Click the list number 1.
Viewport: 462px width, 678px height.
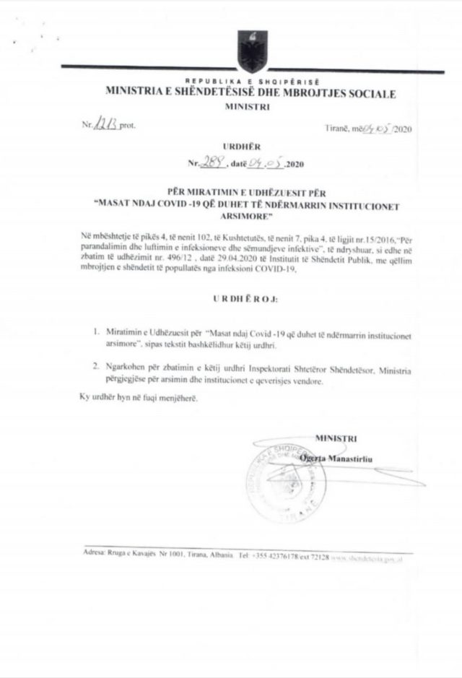[95, 334]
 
